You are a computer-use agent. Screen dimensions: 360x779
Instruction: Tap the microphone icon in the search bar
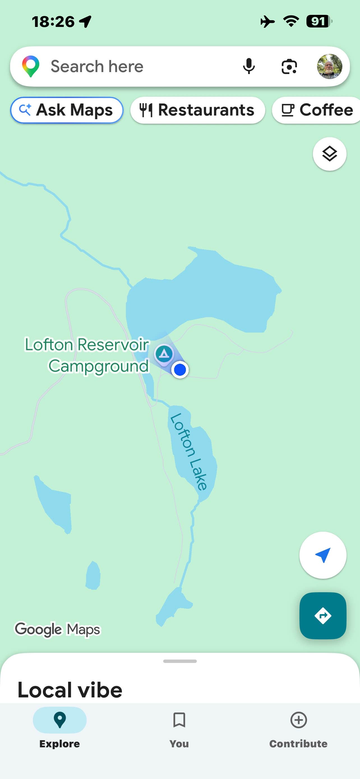point(249,66)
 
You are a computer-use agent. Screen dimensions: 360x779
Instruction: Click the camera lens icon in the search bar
point(289,66)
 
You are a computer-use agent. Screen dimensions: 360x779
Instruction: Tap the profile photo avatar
point(329,66)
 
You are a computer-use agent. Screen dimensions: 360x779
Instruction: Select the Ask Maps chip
point(66,110)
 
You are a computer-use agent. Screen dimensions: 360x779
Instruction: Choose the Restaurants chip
point(197,110)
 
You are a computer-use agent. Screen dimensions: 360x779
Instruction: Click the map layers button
point(329,154)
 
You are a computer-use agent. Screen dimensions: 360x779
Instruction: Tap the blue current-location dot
point(180,370)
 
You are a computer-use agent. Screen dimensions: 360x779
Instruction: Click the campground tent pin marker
point(164,354)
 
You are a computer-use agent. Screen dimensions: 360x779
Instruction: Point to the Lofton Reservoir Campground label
point(87,355)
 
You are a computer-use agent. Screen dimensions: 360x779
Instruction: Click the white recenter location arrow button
point(322,555)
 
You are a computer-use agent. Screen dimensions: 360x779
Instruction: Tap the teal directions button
point(322,616)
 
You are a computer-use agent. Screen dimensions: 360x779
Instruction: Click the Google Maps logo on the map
point(57,629)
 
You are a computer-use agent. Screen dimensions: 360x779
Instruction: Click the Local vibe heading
point(70,690)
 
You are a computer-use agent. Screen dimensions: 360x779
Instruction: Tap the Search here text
point(97,66)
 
